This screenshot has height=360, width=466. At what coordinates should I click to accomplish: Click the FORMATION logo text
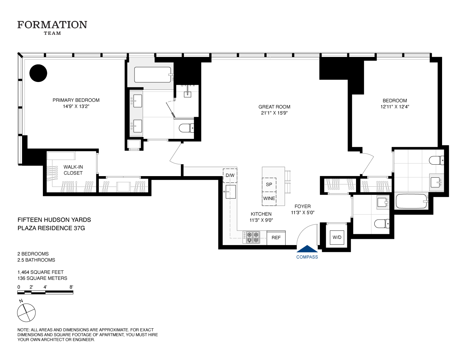52,25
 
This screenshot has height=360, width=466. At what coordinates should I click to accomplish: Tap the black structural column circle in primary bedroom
38,73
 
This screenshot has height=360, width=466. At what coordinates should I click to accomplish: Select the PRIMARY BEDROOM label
76,100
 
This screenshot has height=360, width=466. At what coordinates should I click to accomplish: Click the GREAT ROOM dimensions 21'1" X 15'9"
274,113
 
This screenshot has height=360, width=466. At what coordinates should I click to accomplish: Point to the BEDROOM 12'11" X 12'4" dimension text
395,107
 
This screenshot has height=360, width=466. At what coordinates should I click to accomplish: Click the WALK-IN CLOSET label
73,170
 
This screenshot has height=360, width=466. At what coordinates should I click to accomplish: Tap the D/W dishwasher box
230,175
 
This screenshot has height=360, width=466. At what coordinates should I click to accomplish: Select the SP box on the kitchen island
269,185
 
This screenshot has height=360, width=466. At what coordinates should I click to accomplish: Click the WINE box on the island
269,198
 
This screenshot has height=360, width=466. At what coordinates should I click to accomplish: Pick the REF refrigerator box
276,238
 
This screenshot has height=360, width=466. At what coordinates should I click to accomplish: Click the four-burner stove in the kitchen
252,237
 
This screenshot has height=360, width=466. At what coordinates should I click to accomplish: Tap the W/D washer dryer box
337,237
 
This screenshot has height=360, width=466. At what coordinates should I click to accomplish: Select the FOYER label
303,206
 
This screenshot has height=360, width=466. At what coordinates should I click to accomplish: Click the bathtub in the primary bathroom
153,75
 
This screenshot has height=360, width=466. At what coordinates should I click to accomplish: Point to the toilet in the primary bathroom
187,128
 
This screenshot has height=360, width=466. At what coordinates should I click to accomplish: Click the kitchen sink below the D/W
231,192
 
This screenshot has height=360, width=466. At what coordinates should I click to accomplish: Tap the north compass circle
26,312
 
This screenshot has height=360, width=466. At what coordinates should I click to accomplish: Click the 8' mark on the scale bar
71,287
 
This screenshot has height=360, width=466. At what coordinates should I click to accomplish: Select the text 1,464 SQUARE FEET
40,272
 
